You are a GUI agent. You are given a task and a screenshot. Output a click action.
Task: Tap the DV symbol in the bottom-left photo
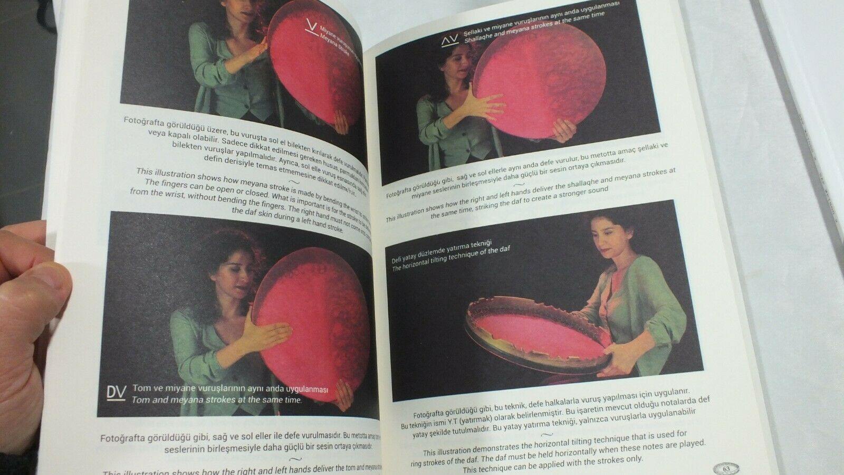(116, 393)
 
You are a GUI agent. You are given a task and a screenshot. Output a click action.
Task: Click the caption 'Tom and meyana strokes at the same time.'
(217, 400)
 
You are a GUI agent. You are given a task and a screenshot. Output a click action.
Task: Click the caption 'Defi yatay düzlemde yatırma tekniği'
(442, 251)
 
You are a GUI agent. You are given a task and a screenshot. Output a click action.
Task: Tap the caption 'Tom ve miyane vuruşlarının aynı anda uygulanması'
(230, 389)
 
